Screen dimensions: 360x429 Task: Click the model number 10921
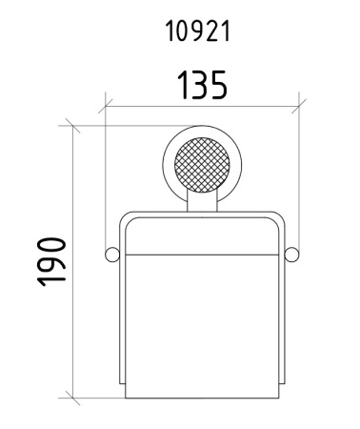(197, 31)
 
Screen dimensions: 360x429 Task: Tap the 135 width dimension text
(202, 85)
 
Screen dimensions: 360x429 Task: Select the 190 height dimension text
(51, 261)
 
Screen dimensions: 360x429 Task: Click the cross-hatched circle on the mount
(202, 165)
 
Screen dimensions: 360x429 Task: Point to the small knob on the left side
(112, 255)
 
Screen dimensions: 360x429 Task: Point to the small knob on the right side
(291, 255)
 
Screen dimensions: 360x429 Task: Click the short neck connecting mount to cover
(202, 201)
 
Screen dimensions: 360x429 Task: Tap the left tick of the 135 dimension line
(105, 107)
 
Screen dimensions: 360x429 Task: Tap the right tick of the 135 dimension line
(299, 107)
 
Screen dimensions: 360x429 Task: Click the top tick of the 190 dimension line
(73, 126)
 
